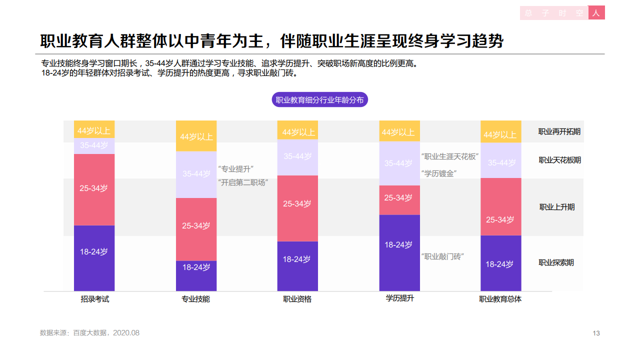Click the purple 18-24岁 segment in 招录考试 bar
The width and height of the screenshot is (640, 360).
(94, 258)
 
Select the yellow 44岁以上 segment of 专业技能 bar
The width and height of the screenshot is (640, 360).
(196, 136)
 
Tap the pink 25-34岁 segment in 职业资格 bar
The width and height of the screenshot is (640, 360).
(297, 208)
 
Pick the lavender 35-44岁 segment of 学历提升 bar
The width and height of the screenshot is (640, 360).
(399, 163)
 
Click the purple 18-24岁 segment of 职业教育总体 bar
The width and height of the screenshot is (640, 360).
(500, 263)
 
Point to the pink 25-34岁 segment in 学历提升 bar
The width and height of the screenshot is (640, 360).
(399, 200)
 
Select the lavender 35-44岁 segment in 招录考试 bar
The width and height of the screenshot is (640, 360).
(94, 145)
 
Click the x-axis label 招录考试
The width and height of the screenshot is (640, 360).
(94, 299)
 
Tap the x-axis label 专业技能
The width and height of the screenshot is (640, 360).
(195, 299)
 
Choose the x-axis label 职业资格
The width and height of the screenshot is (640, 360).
(297, 299)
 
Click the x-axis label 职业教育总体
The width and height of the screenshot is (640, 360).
(500, 299)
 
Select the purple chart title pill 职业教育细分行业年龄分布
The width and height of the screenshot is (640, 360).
(319, 99)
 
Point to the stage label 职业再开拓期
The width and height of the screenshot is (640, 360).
(559, 132)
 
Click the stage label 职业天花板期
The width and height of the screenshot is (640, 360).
(559, 160)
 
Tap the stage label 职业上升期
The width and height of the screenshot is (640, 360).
(556, 207)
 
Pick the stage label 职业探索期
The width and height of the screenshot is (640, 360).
(556, 262)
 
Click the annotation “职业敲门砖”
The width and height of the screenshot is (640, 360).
(443, 256)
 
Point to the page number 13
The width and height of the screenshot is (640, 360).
(596, 333)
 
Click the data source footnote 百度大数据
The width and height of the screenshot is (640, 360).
(89, 332)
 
